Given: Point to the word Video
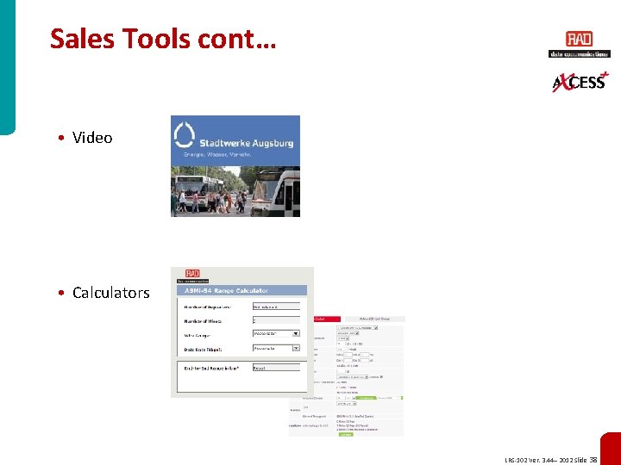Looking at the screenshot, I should [92, 138].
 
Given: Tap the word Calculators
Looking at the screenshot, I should [110, 293].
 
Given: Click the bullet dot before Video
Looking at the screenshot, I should [64, 138].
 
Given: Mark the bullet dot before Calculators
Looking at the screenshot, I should [64, 293].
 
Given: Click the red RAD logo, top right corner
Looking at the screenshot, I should [579, 40].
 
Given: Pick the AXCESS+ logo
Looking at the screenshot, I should [579, 82].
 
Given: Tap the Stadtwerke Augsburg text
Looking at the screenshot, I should [246, 143].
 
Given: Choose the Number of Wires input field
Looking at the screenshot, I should [276, 319].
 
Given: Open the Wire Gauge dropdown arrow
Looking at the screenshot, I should [296, 333].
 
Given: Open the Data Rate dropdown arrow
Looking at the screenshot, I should [296, 349].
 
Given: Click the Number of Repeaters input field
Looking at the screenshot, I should [276, 306].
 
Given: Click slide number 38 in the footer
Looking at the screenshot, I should [593, 460].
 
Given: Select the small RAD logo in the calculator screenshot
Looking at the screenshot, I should [187, 275].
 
